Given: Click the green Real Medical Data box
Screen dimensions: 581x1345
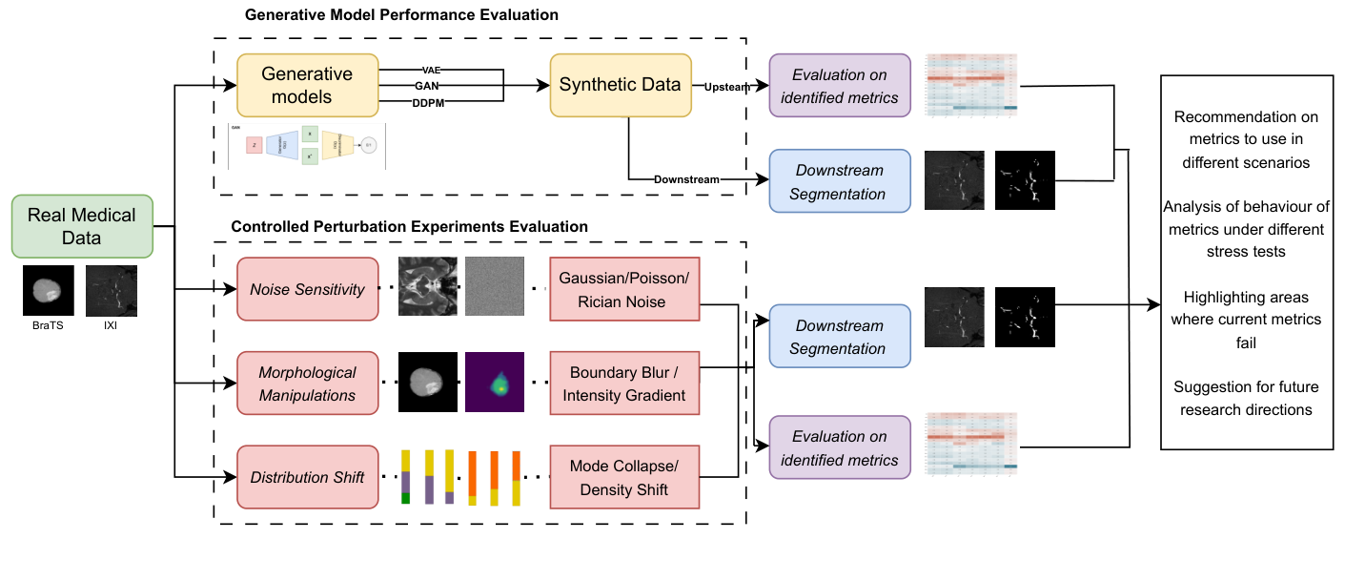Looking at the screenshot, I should (x=82, y=226).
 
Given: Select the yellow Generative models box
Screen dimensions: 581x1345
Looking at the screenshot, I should (x=307, y=85).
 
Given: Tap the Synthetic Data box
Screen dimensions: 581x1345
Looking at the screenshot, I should (x=620, y=85).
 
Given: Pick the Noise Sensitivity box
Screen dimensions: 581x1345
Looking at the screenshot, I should (x=307, y=289).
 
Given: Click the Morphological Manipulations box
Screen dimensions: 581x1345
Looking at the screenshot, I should (x=307, y=384).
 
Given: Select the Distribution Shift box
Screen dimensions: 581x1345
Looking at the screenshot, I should (x=307, y=477).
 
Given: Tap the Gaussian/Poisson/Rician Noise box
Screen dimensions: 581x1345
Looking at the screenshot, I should (x=623, y=289).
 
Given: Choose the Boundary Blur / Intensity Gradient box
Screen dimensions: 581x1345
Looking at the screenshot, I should (x=623, y=384).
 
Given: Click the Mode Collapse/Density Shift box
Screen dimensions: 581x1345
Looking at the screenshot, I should (x=623, y=477).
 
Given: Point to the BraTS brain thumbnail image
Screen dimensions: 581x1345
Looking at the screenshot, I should (x=49, y=290).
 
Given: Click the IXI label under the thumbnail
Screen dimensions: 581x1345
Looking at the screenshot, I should (x=111, y=323).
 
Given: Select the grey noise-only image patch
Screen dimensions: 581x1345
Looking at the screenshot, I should (x=495, y=286).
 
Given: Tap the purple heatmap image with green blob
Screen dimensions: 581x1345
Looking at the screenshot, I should (x=495, y=382).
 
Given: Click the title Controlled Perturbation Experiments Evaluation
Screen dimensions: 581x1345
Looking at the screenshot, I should (x=409, y=227).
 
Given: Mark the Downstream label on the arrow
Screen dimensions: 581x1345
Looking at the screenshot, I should (x=687, y=179).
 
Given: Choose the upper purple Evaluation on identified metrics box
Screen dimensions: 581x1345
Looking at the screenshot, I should (x=839, y=87).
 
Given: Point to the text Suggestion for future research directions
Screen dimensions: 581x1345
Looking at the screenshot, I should (x=1245, y=398).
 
